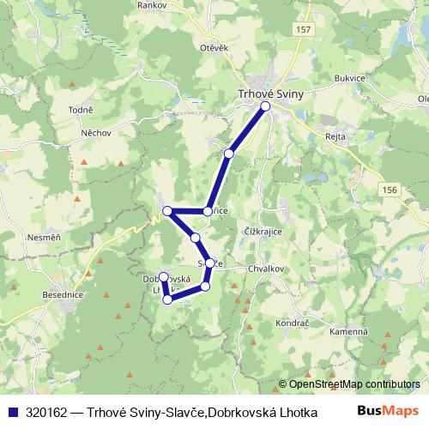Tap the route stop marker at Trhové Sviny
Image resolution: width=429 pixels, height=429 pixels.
(x=265, y=106)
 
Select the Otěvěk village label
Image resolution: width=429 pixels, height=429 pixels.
(x=213, y=48)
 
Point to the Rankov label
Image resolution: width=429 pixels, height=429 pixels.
(x=152, y=4)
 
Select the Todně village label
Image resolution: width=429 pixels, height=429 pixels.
(x=80, y=111)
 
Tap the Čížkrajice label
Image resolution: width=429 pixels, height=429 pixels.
(x=263, y=232)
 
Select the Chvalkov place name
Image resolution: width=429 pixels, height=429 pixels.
(x=266, y=268)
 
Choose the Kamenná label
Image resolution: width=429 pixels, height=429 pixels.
(x=352, y=331)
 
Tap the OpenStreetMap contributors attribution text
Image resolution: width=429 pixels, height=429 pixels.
(x=348, y=384)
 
